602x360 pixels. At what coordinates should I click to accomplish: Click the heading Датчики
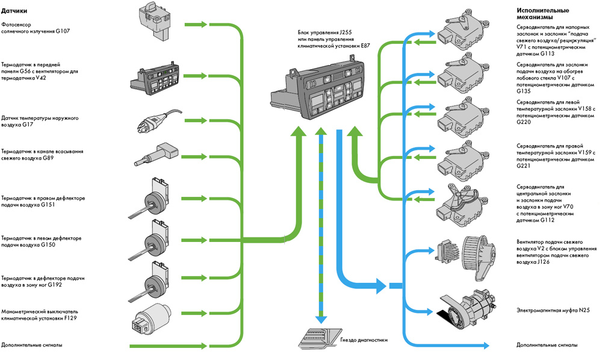coord(14,11)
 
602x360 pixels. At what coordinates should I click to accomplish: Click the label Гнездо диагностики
coord(365,340)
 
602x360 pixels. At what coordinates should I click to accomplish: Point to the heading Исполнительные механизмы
coord(542,15)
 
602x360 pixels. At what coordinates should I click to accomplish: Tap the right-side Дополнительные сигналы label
coord(547,345)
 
